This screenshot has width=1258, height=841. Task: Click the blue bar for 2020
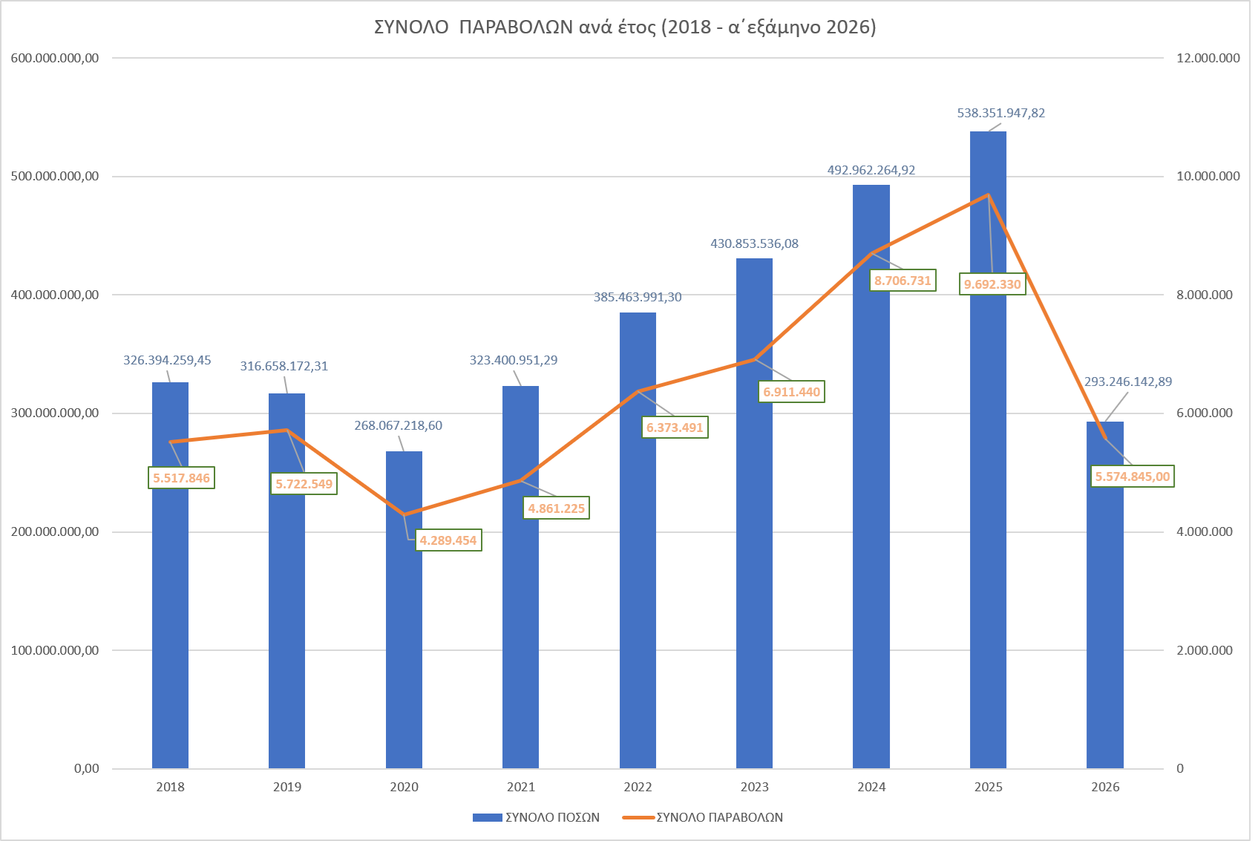[404, 609]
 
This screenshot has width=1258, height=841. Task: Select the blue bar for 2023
[754, 514]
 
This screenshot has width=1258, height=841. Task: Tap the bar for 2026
[1105, 595]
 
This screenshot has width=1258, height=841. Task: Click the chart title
[625, 27]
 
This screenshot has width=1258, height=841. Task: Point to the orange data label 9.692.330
[992, 284]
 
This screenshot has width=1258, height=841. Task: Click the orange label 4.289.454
[448, 540]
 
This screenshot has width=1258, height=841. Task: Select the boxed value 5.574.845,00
[1133, 477]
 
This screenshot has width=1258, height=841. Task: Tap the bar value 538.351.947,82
[1000, 113]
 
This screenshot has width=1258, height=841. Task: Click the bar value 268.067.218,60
[398, 425]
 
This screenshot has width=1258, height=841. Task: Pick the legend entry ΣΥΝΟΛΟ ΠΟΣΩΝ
[537, 817]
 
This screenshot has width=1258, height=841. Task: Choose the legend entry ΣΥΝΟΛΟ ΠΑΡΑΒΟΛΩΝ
[703, 817]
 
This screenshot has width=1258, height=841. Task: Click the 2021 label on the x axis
[520, 787]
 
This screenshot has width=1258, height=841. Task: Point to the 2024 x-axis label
[871, 787]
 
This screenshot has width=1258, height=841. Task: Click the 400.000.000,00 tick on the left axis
[55, 295]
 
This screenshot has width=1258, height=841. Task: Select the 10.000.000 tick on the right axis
[1208, 176]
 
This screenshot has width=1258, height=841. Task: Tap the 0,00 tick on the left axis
[87, 768]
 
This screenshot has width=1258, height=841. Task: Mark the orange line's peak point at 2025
[989, 194]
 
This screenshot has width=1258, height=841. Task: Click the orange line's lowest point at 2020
[404, 514]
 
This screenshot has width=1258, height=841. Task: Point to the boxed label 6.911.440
[791, 392]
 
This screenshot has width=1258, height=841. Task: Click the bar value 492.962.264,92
[871, 170]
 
